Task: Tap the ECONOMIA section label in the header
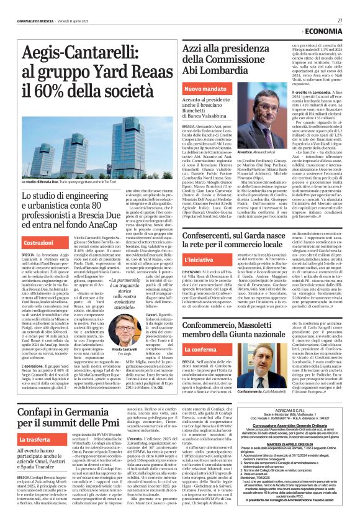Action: (322, 32)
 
